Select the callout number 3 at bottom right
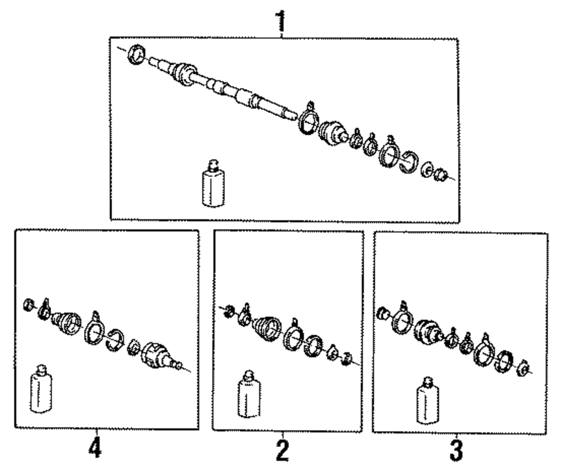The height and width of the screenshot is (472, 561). [x=457, y=451]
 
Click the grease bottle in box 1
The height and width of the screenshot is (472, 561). [x=211, y=183]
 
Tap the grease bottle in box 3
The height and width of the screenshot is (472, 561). [x=427, y=401]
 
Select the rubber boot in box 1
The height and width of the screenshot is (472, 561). [x=332, y=134]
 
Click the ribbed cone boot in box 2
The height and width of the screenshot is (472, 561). [x=268, y=327]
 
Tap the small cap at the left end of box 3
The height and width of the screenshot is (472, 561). [x=383, y=312]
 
